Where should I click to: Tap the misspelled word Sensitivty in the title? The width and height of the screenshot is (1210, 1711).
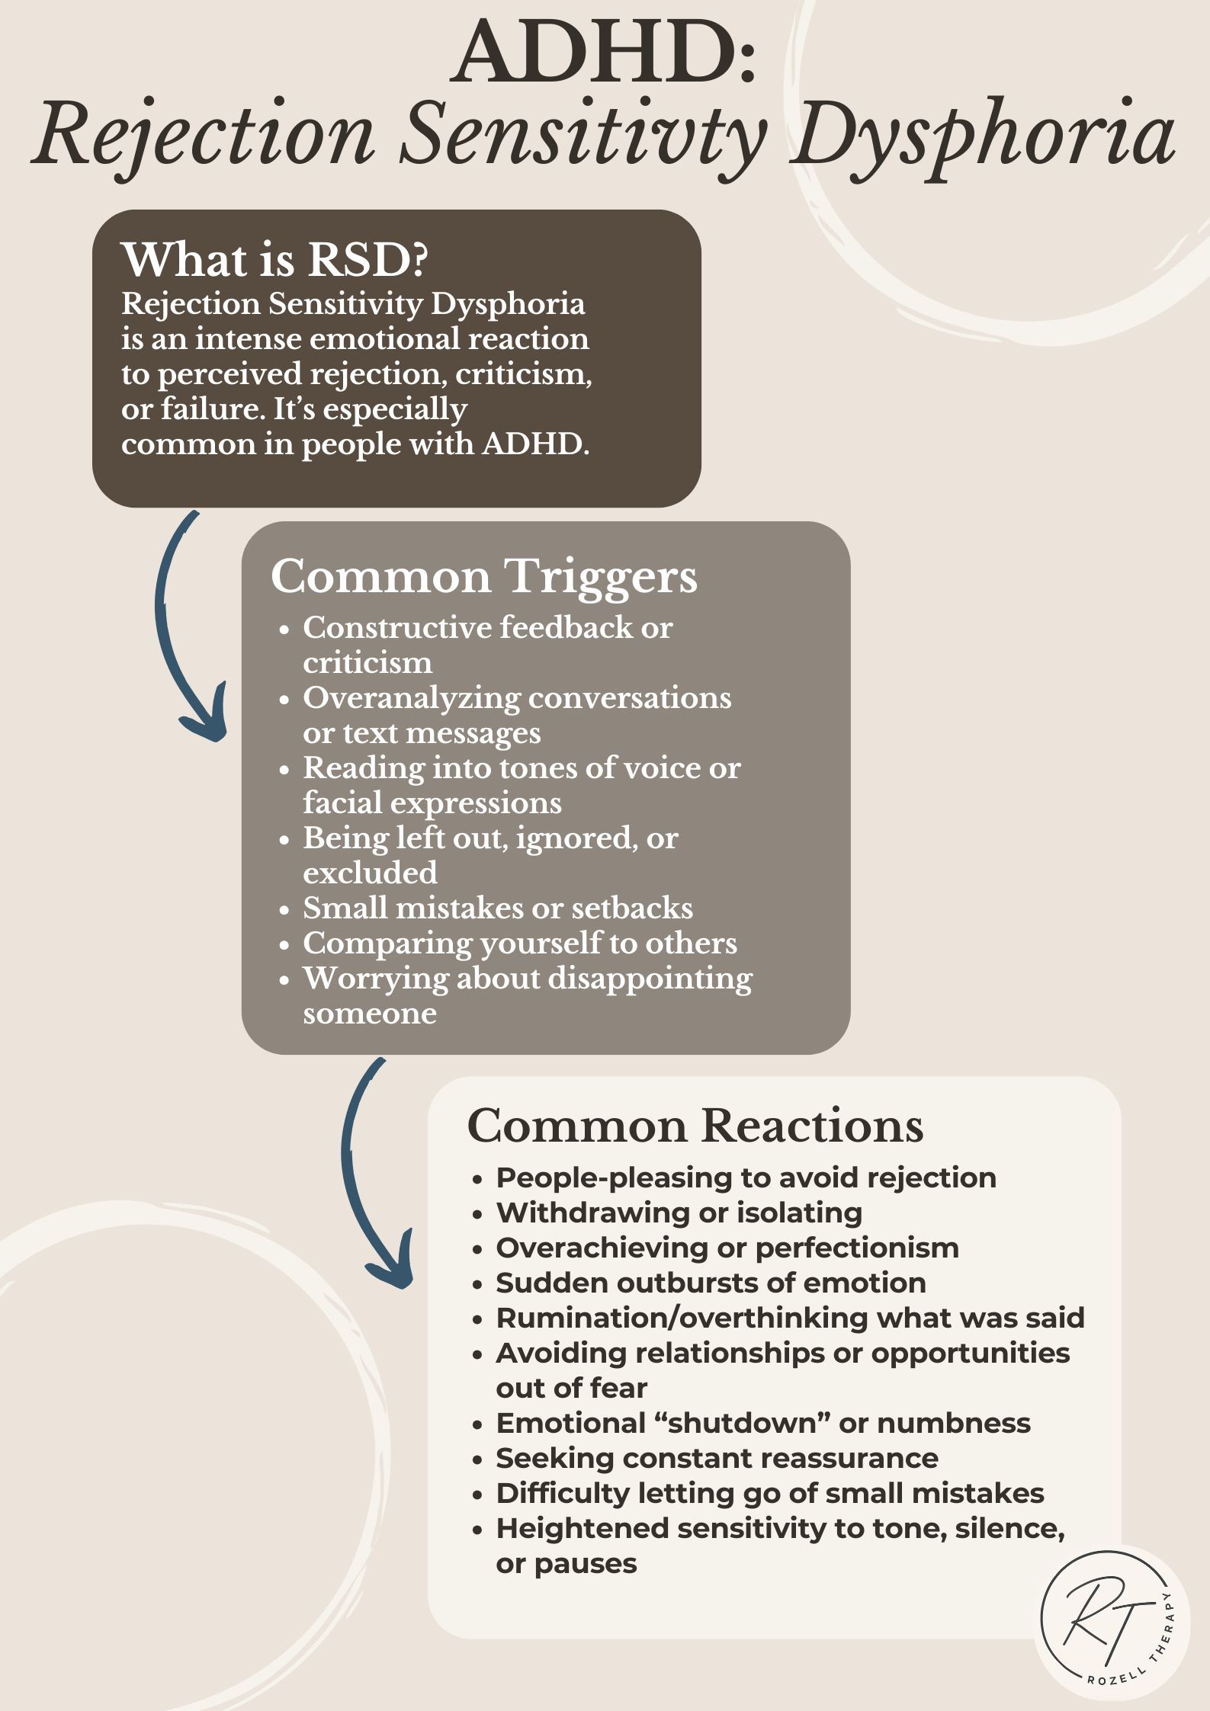click(583, 136)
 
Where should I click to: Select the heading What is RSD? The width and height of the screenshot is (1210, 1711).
click(274, 260)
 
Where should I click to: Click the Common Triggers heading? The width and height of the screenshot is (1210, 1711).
click(483, 576)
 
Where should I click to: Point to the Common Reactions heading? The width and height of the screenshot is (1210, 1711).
click(695, 1126)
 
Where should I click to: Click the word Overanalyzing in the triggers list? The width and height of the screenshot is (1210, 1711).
click(411, 699)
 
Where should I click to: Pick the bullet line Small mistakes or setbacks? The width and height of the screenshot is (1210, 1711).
click(497, 908)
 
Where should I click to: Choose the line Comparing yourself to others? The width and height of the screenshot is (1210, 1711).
click(519, 944)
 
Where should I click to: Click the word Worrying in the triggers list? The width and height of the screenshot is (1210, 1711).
click(375, 979)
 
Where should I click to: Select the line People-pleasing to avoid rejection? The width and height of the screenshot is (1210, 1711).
click(746, 1178)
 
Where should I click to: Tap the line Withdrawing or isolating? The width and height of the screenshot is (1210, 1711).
click(679, 1213)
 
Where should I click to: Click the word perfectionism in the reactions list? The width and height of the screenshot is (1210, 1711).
click(857, 1248)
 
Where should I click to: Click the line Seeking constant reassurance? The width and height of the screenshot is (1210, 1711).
click(717, 1459)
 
